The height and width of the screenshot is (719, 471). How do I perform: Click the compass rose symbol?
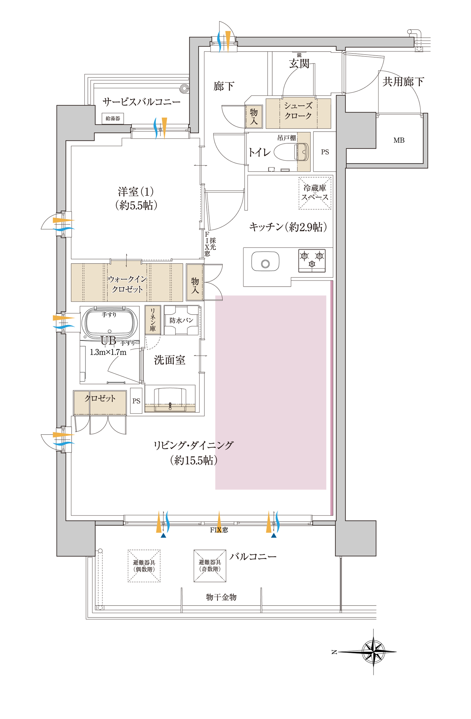pos(373,652)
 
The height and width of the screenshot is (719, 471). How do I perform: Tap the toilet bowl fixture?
pos(291,152)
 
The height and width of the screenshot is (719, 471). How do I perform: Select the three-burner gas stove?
pos(312,261)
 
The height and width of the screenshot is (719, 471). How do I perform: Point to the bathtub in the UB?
pos(110,322)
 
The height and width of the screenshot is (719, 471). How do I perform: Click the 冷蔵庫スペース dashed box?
pos(315,193)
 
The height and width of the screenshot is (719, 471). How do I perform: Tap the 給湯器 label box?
pos(113,118)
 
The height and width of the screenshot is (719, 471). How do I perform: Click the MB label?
pos(399,140)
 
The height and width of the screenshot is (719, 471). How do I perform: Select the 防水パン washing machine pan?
pos(181,320)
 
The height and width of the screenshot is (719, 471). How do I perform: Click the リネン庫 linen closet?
pos(153,320)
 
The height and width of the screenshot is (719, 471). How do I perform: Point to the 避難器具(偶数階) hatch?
pos(144,566)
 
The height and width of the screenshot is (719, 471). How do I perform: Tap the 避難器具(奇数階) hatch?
pos(210,566)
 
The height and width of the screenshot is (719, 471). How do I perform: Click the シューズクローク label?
pos(298,111)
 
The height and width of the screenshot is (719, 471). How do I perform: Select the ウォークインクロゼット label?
pos(127,284)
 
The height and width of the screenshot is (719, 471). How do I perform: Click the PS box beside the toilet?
pos(325,152)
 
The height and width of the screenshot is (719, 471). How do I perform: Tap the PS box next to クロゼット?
pos(136,401)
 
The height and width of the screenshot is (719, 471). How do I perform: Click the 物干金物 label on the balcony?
pos(221,597)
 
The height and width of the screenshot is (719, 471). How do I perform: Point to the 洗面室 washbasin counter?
pos(170,398)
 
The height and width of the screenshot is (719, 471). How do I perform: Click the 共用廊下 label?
pos(403,82)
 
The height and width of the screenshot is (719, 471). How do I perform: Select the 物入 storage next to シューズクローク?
pos(254,117)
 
